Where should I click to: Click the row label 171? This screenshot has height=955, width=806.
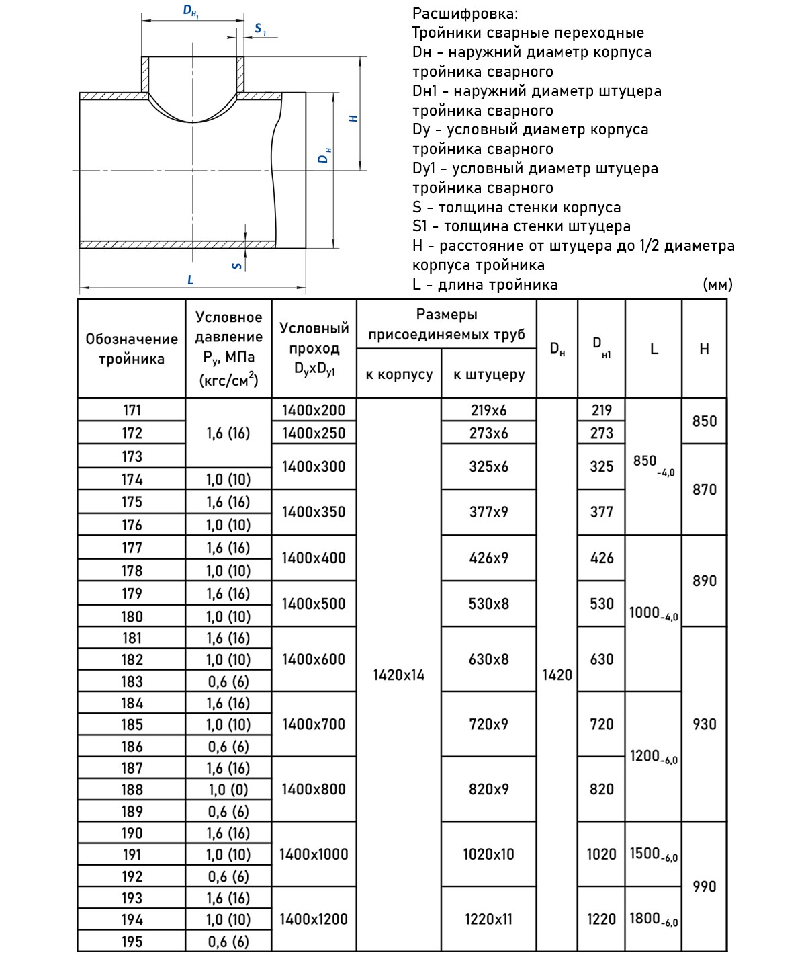point(132,410)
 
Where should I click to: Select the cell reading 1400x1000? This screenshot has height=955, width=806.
point(314,854)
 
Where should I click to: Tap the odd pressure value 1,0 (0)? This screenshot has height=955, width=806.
point(228,790)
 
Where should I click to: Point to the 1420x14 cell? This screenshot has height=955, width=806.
point(399,675)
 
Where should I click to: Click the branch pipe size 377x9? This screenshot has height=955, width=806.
point(488,512)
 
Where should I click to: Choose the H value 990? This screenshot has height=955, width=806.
point(704,886)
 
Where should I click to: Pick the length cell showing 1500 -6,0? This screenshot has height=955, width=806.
point(654,854)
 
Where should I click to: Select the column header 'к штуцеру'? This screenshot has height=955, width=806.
point(488,374)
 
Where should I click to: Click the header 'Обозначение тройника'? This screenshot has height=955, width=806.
point(132,349)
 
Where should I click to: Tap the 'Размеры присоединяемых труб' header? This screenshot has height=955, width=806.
point(447,324)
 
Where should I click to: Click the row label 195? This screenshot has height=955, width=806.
point(132,942)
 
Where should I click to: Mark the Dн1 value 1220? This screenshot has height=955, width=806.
point(601,919)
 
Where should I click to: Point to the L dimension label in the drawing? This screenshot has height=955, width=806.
point(191,280)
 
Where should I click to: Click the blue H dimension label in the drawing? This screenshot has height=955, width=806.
point(353,118)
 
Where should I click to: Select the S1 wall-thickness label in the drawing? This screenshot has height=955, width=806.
point(260,29)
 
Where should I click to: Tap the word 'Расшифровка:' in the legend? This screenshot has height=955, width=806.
point(465,13)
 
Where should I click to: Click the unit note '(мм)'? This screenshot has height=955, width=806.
point(717,284)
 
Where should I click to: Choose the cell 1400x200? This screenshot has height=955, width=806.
point(314,410)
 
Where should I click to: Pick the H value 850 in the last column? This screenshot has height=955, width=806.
point(704,421)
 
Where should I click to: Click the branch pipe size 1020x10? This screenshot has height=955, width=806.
point(488,854)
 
